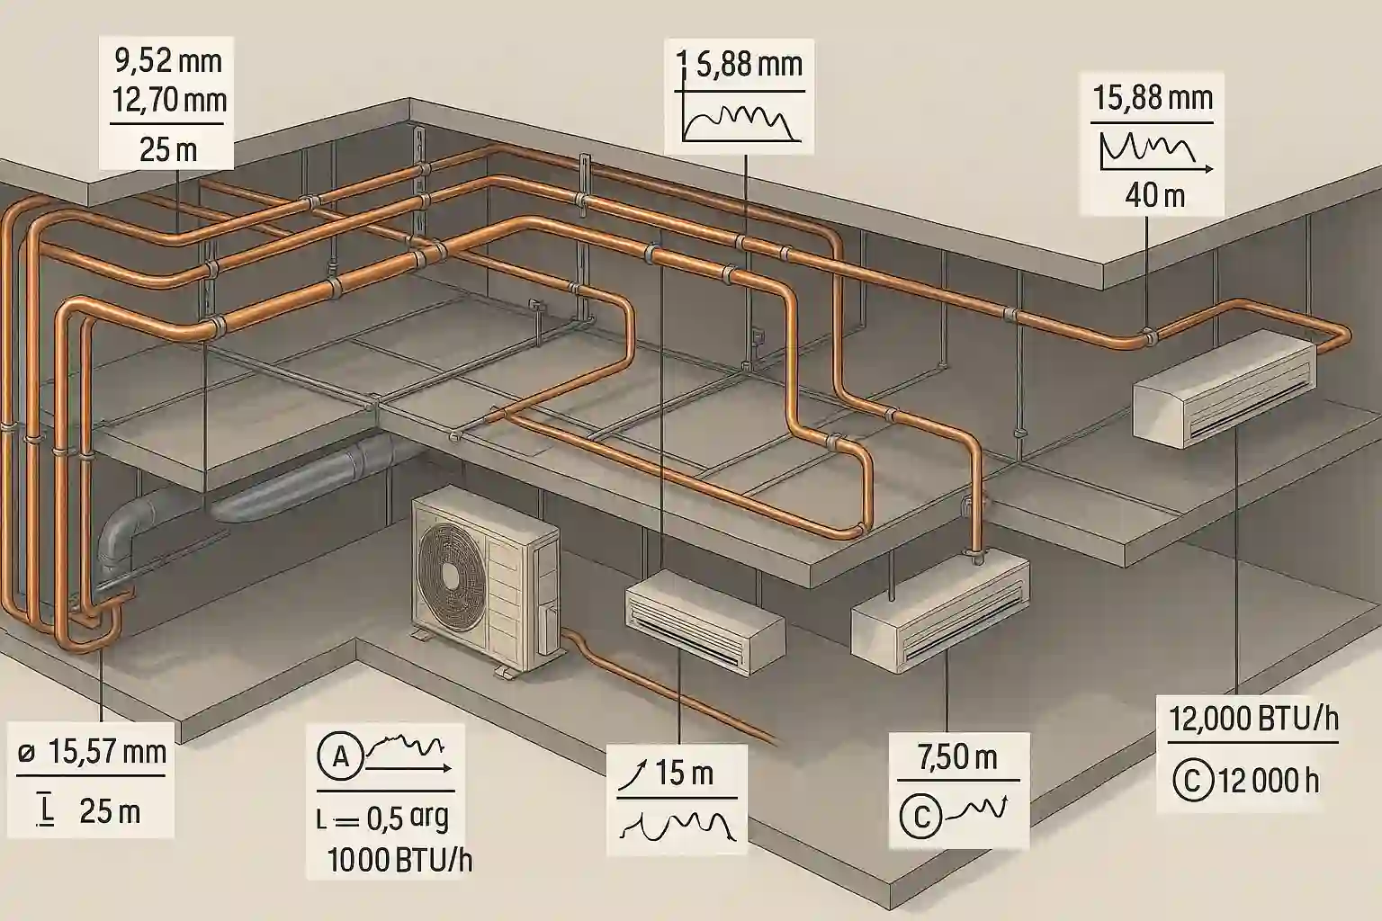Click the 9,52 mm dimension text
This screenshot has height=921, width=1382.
(x=169, y=62)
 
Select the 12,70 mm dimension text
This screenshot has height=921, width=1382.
(x=169, y=100)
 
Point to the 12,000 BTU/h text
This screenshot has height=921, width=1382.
(x=1253, y=719)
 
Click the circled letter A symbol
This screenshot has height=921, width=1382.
(x=341, y=756)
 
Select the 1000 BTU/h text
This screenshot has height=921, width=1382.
(x=399, y=860)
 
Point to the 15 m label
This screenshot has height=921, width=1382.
(x=686, y=773)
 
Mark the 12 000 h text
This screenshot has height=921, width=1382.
(x=1268, y=780)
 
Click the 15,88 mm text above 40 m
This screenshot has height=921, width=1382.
(x=1153, y=96)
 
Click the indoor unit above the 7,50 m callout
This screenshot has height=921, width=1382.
(x=940, y=607)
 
